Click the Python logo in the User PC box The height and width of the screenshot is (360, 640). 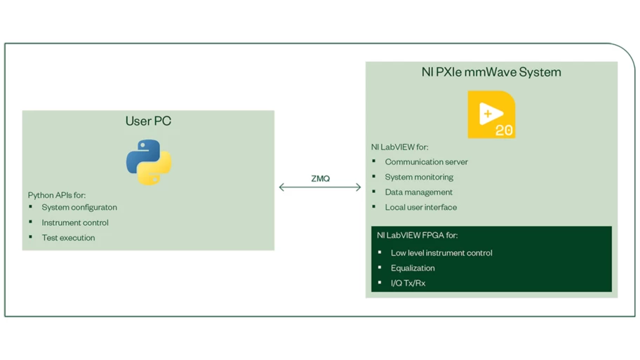point(149,162)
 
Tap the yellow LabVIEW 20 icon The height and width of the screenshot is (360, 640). point(491,114)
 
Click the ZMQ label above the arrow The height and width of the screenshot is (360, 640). point(321,178)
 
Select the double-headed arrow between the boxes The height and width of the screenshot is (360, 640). point(320,187)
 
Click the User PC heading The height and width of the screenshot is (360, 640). point(148,121)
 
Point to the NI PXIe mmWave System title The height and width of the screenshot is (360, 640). point(491,72)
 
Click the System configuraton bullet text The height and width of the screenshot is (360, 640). point(79,207)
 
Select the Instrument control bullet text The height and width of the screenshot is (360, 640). point(75,222)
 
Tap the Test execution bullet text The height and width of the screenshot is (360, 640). point(68,238)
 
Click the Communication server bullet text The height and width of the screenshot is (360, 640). point(426,161)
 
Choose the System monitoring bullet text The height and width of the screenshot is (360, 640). point(419,177)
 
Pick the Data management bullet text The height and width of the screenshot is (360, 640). point(418,192)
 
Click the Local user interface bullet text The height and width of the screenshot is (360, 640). point(421,207)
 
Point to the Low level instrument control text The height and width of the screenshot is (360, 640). point(441,253)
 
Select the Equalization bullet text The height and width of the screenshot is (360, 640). point(413,268)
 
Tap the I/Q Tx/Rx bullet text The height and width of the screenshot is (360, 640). point(408,283)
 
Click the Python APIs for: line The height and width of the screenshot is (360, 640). point(57,195)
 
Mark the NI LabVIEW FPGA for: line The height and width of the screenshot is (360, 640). point(417,235)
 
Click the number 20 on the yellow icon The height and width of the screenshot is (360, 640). point(504,131)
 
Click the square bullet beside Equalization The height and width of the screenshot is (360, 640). point(380,267)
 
